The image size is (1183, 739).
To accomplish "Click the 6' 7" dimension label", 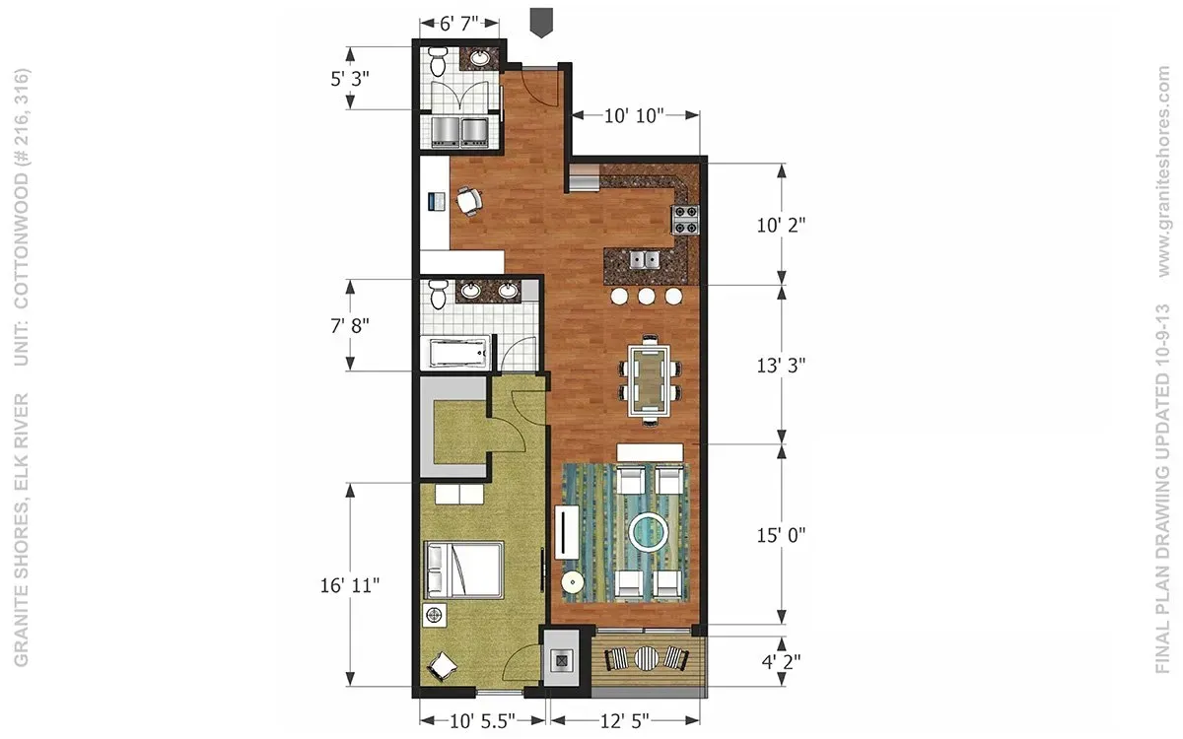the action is [x=459, y=24].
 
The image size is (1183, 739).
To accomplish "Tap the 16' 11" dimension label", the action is [x=350, y=585].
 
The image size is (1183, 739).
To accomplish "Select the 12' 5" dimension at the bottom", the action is [x=624, y=720].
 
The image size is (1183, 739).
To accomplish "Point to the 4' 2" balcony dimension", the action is [x=781, y=661].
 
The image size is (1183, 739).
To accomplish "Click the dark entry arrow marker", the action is [x=541, y=22].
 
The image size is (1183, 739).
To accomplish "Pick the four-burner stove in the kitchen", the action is [x=685, y=220].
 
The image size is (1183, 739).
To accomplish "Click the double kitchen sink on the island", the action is [x=645, y=260].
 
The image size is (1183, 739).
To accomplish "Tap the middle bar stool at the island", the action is [x=647, y=297].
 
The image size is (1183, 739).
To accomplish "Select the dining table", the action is [x=650, y=380].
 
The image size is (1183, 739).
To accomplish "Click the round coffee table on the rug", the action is [x=649, y=530].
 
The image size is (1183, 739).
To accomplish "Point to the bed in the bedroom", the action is [x=463, y=571].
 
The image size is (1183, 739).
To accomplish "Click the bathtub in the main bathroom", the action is [x=458, y=353].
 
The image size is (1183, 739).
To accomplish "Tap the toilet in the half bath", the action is [x=438, y=61].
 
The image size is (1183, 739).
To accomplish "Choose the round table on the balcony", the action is [x=647, y=659].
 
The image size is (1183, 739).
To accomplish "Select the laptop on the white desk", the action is [x=437, y=202].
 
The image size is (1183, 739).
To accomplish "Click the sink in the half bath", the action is [x=480, y=58].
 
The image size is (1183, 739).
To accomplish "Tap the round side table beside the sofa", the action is [x=573, y=583].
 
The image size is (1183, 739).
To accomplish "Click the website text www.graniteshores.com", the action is [x=1164, y=171].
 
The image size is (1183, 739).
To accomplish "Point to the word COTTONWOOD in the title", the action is [x=21, y=240].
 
